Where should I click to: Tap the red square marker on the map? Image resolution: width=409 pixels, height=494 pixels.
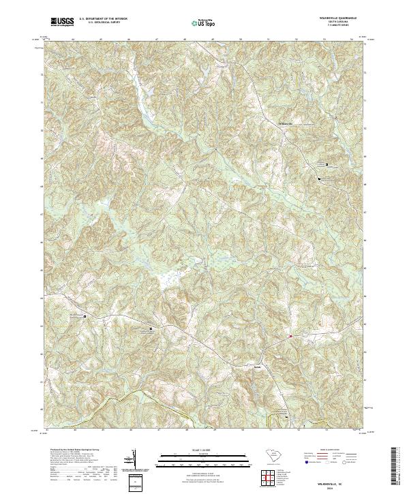click(x=290, y=336)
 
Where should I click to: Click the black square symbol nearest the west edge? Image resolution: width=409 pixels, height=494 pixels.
click(x=85, y=316)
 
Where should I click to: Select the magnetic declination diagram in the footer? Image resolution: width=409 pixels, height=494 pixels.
click(x=135, y=458)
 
